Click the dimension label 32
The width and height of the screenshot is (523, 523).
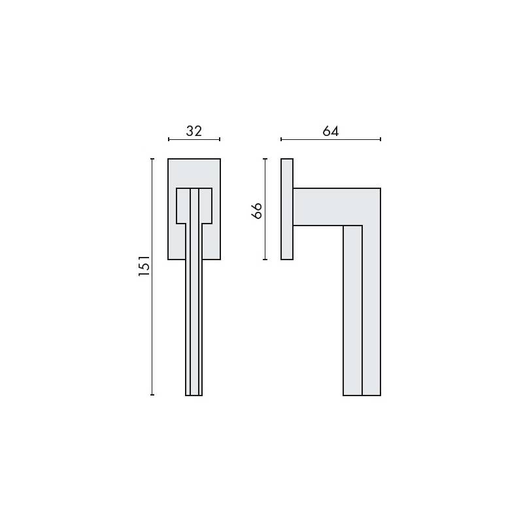point(194,131)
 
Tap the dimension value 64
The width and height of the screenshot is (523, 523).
point(331,131)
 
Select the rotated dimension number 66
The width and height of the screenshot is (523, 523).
point(257,210)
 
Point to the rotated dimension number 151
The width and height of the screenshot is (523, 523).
point(144,266)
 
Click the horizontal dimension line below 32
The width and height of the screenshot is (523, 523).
point(194,139)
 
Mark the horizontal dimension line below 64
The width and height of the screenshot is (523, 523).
point(331,139)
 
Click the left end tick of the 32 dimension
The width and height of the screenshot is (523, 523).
point(169,139)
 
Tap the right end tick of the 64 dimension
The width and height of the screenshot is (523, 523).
point(380,139)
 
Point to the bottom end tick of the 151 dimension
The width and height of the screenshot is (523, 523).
point(152,395)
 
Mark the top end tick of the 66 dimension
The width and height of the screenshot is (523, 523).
point(265,159)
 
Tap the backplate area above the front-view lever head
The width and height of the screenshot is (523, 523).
point(194,173)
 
